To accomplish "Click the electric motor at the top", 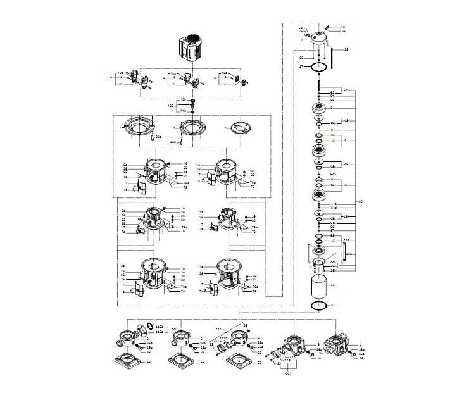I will tap(195, 48).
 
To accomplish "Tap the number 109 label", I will tap(184, 100).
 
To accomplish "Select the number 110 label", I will tap(184, 111).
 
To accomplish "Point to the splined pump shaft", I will tap(322, 82).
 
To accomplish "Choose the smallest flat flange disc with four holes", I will tap(239, 127).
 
